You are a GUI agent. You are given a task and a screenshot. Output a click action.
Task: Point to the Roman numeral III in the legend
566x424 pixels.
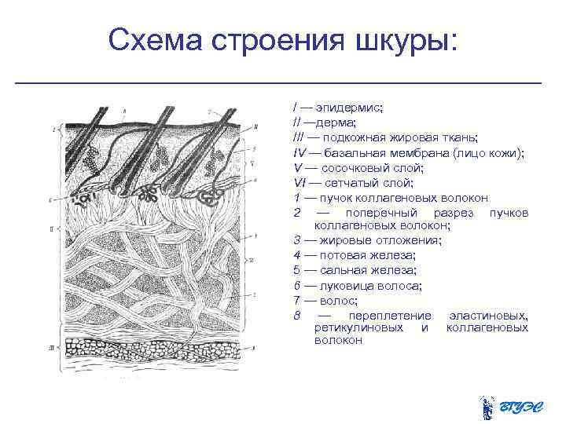[300, 137]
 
